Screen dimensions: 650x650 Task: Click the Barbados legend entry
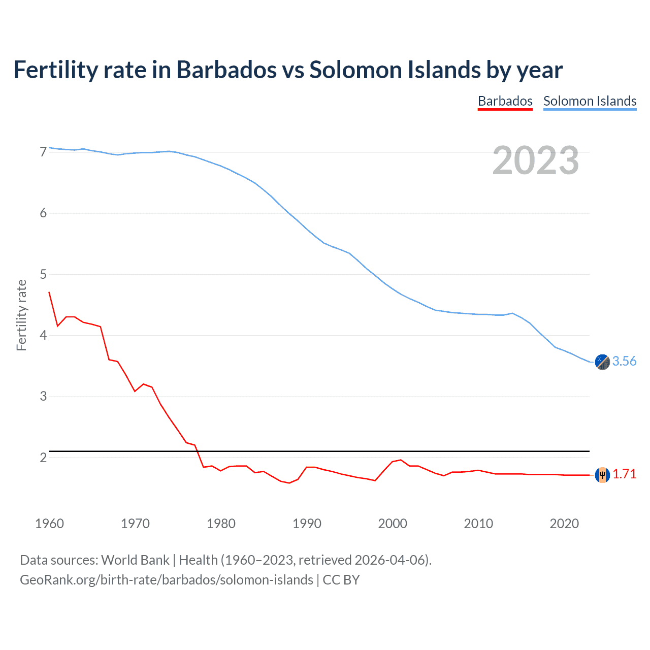tap(505, 101)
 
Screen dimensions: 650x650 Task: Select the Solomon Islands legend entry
tap(590, 101)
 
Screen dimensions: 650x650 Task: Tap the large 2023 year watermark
tap(535, 160)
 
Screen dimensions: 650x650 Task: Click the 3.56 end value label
tap(624, 361)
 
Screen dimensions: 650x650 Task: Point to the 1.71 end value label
tap(624, 474)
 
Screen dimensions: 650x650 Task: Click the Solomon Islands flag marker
tap(602, 362)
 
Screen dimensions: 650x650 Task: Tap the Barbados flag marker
tap(602, 475)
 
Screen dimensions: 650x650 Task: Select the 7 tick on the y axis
tap(43, 152)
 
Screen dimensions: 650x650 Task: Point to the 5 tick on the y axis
tap(43, 274)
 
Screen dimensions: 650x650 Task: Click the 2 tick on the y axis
tap(43, 458)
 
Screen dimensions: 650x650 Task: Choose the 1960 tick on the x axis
tap(49, 524)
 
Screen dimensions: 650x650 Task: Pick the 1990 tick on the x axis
tap(307, 524)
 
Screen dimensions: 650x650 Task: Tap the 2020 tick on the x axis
tap(564, 524)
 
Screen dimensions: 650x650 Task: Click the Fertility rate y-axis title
tap(21, 315)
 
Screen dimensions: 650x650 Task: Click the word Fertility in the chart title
tap(55, 70)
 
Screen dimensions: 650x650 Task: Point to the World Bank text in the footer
tap(135, 560)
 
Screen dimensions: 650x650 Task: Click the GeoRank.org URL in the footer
tap(167, 580)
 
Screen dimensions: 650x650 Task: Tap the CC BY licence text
tap(341, 580)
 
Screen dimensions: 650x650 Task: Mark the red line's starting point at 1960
tap(49, 292)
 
